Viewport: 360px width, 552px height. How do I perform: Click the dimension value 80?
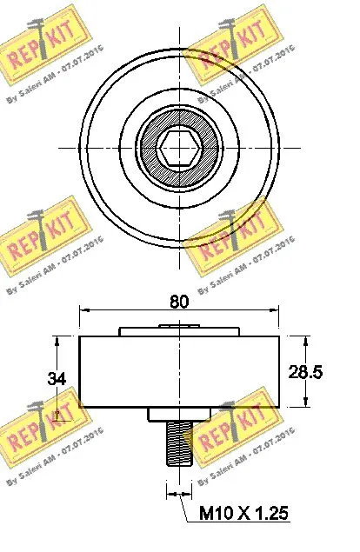[x=179, y=303]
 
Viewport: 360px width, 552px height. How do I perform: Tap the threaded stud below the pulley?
[x=179, y=443]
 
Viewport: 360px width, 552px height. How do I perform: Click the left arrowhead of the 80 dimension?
[x=84, y=311]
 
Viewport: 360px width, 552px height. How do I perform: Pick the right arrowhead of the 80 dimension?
[x=275, y=311]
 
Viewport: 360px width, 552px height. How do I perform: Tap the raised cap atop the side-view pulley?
[x=179, y=330]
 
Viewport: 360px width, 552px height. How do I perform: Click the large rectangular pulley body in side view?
[x=179, y=371]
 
